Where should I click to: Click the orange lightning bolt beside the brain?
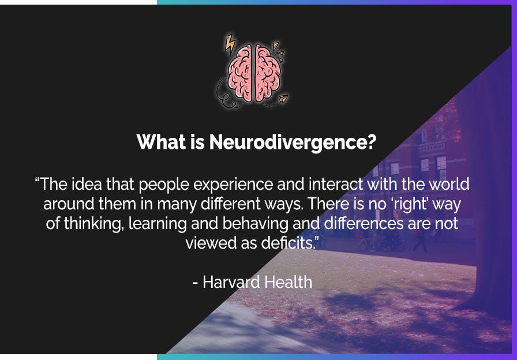pos(231,44)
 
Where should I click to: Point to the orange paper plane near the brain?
pos(283,99)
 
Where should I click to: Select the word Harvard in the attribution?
pos(231,282)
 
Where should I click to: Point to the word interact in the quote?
pos(336,185)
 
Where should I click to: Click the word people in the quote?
pos(164,185)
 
